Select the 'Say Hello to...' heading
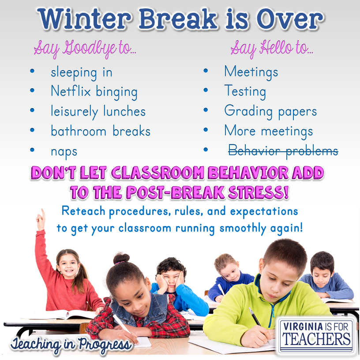pyautogui.click(x=271, y=48)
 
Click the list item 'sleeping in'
pyautogui.click(x=81, y=72)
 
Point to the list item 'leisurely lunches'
pyautogui.click(x=98, y=112)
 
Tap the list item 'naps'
pyautogui.click(x=64, y=151)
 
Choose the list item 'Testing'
pyautogui.click(x=245, y=91)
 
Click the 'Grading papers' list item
pyautogui.click(x=270, y=111)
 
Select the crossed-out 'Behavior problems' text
pyautogui.click(x=283, y=151)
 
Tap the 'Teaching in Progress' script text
pyautogui.click(x=71, y=344)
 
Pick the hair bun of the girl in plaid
pyautogui.click(x=121, y=258)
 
